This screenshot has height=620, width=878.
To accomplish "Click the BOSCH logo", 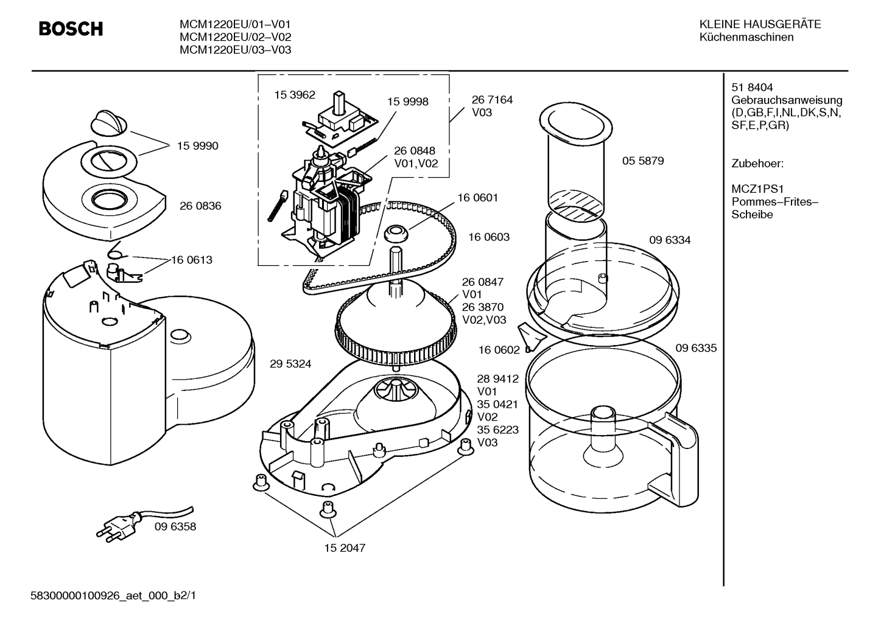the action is (x=71, y=29).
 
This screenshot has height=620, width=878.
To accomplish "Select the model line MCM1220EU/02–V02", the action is (x=235, y=37).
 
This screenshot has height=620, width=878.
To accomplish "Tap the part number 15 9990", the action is (x=197, y=145).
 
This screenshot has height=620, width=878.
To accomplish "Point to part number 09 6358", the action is (x=175, y=526).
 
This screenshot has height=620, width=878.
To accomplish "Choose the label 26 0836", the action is (x=200, y=206).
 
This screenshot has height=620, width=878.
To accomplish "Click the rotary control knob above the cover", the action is (x=109, y=123).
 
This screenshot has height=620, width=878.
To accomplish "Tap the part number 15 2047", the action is (x=345, y=548).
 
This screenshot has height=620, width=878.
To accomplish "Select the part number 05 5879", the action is (x=643, y=161).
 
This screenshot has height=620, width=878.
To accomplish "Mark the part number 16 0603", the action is (x=489, y=237).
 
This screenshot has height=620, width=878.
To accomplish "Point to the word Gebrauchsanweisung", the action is (x=787, y=100).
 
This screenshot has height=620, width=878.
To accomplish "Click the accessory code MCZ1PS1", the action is (x=757, y=189).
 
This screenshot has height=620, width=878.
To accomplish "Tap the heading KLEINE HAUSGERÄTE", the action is (x=760, y=24).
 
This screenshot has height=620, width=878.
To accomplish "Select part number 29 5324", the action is (x=290, y=364).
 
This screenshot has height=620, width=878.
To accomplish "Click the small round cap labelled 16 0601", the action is (x=396, y=234).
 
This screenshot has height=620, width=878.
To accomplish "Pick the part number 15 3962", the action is (x=294, y=95).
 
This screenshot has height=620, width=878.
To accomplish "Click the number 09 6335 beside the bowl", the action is (x=696, y=348).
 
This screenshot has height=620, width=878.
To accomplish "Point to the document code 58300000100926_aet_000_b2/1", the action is (x=113, y=596).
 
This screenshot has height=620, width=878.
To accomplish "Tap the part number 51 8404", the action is (x=752, y=88).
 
